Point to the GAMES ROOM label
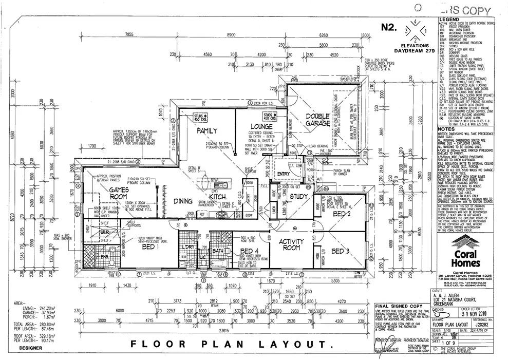point(111,193)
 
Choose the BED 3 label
point(340,251)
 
